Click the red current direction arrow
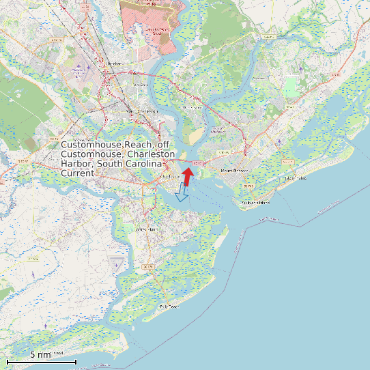(x=188, y=175)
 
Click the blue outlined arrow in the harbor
(x=181, y=193)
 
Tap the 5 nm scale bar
(x=41, y=361)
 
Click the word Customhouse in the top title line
(x=87, y=145)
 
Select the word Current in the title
(x=77, y=173)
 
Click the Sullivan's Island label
(x=255, y=203)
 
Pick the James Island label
(x=147, y=229)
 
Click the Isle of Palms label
(x=297, y=178)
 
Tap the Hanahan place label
(x=114, y=63)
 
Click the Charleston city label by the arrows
(x=170, y=176)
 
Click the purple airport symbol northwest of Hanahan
(x=79, y=67)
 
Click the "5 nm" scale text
(x=40, y=355)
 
